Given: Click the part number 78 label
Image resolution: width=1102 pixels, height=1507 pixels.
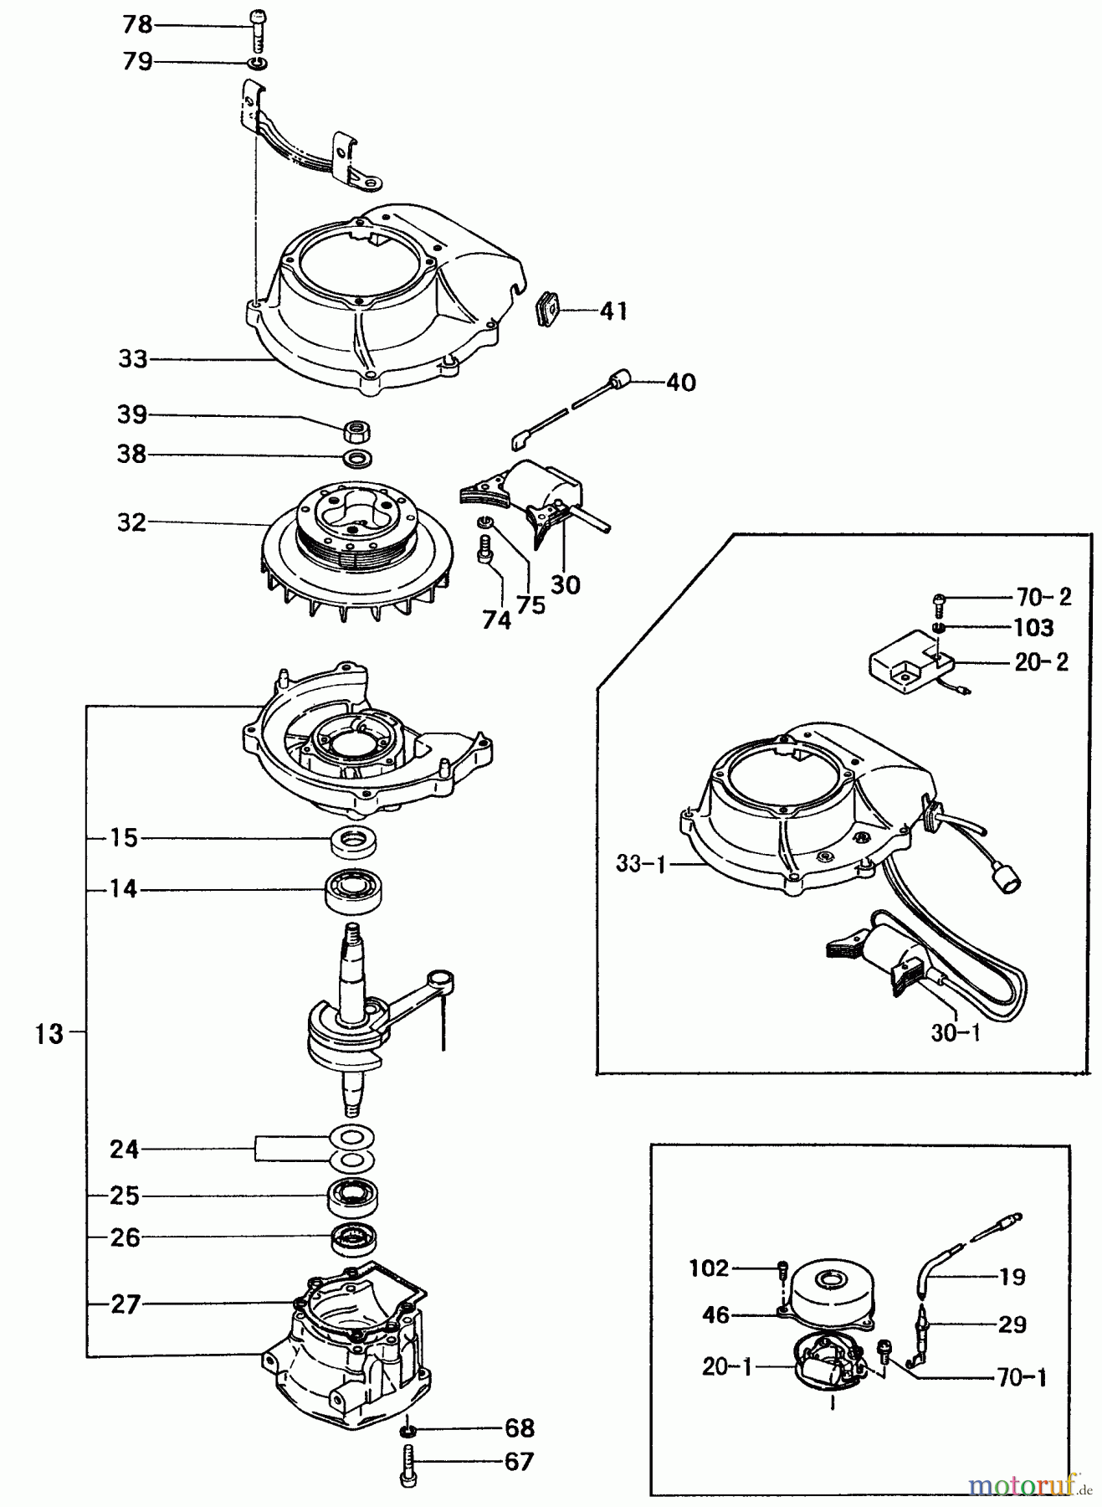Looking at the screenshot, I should (x=137, y=25).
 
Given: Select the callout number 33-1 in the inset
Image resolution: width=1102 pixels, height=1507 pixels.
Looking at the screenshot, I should (x=642, y=863).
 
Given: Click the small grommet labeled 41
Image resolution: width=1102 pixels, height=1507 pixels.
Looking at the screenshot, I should (x=547, y=310).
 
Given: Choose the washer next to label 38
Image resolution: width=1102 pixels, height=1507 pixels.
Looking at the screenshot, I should (x=359, y=459).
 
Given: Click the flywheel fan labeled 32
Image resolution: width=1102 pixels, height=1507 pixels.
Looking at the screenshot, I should (x=358, y=544).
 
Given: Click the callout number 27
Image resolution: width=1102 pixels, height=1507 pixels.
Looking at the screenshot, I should (x=126, y=1304).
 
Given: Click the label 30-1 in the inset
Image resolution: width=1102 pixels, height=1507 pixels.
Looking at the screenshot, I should (x=955, y=1032).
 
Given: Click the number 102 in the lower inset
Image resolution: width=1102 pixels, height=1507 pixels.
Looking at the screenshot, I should (x=709, y=1268).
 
